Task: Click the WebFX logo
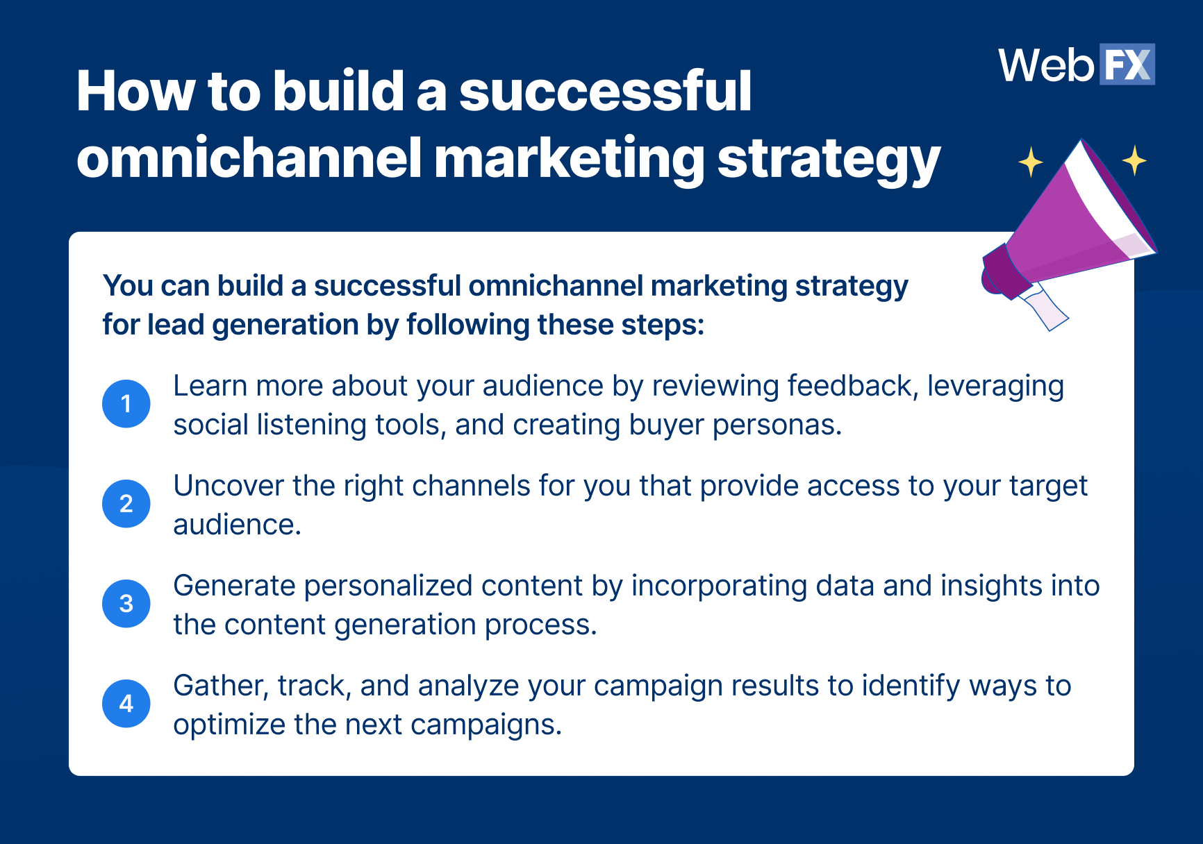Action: point(1077,65)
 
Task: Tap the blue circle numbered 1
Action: point(126,403)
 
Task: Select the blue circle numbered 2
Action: point(126,503)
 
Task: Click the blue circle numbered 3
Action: point(126,603)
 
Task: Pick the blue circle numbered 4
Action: point(126,703)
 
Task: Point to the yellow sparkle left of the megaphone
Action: point(1031,162)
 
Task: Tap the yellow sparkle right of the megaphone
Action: point(1134,160)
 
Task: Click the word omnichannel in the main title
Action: point(249,158)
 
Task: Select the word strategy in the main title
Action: point(829,160)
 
